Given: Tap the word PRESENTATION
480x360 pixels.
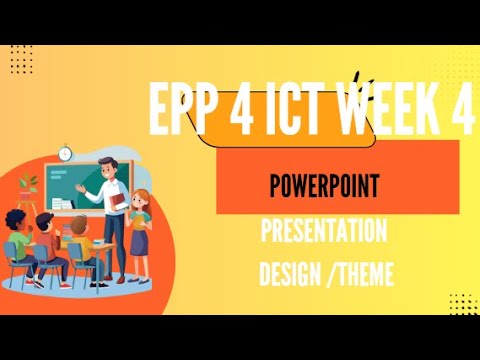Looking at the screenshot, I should coord(323,232).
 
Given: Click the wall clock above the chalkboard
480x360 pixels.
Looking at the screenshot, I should coord(66,154).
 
